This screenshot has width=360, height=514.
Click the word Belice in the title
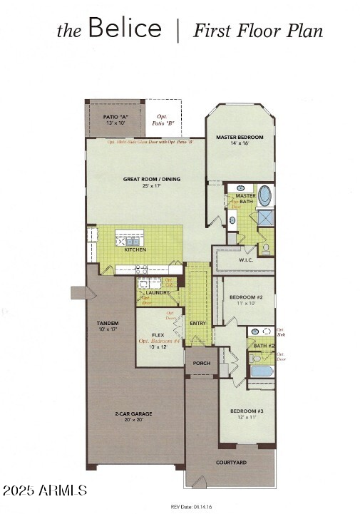coord(125,29)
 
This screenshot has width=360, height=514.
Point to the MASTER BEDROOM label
coord(240,137)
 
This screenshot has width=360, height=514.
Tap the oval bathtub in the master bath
coord(264,194)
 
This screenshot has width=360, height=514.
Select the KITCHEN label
coord(135,250)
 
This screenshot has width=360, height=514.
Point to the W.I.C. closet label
coord(246,260)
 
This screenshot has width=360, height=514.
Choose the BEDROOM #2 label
coord(241,297)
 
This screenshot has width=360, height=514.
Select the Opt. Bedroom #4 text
coord(159,341)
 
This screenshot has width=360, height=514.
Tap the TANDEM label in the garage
coord(108,324)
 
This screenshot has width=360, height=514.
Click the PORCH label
coord(202,363)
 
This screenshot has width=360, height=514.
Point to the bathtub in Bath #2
coord(261,371)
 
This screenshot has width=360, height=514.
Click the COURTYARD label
coord(231,463)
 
